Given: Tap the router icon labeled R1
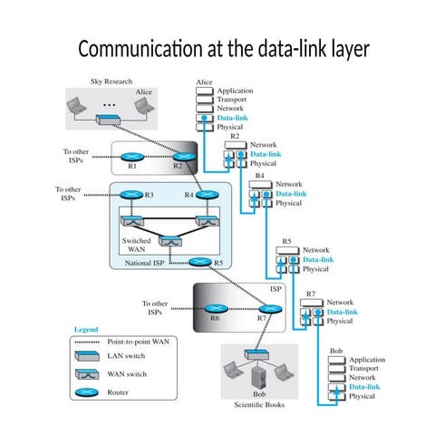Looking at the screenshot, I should (x=133, y=157).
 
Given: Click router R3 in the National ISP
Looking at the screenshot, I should (x=132, y=195).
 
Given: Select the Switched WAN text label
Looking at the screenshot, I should (x=136, y=246).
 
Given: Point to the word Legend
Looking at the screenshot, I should (x=85, y=329).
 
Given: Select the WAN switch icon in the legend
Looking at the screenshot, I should (x=89, y=375).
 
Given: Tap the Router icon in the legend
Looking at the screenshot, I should (x=89, y=393).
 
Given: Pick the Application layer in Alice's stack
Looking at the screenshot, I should (x=235, y=92).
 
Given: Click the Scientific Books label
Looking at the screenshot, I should (x=258, y=404).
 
